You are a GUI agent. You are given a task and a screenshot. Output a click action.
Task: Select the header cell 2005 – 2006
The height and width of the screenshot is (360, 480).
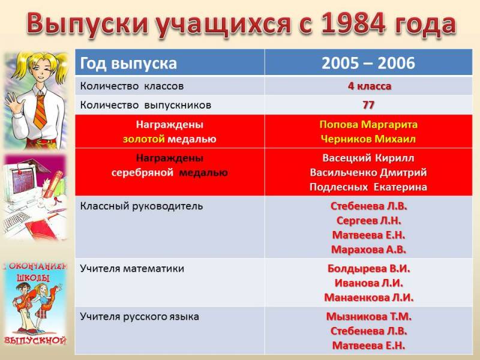click(x=368, y=63)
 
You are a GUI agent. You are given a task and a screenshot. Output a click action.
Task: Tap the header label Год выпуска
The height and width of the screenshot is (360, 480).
click(x=128, y=64)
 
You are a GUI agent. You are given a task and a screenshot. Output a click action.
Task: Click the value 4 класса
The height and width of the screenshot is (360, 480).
click(x=369, y=86)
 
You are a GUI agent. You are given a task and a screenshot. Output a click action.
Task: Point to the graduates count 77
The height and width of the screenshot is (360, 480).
click(x=368, y=105)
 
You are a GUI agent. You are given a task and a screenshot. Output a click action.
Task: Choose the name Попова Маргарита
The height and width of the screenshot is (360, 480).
click(x=368, y=124)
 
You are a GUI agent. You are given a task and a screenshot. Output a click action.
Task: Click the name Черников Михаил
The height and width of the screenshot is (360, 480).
click(x=368, y=139)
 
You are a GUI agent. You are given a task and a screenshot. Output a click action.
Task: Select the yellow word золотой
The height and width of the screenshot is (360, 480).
click(x=144, y=139)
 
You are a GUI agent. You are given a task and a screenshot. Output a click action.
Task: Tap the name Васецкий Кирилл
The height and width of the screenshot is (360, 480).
click(x=368, y=158)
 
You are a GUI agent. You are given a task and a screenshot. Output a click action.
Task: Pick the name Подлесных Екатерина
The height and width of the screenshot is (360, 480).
click(x=368, y=187)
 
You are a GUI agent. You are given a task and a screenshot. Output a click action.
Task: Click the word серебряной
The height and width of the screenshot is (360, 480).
click(x=142, y=173)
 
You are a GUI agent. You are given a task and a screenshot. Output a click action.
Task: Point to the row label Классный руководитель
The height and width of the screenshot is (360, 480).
click(x=142, y=206)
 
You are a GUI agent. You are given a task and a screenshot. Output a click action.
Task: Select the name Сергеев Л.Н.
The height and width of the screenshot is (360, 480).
click(x=368, y=220)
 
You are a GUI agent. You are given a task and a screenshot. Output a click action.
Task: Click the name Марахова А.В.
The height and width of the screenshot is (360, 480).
click(x=368, y=250)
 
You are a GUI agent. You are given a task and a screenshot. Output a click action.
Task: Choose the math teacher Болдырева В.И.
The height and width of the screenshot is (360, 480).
click(x=368, y=268)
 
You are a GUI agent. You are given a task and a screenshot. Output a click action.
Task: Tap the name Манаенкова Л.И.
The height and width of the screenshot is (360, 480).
click(x=368, y=297)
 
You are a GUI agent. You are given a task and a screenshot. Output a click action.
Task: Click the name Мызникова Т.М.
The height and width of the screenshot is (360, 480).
click(x=368, y=316)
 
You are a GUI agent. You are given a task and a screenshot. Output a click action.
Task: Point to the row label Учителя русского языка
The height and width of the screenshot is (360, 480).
click(x=140, y=317)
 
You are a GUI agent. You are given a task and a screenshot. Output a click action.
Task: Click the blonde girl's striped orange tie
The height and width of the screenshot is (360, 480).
click(x=40, y=111)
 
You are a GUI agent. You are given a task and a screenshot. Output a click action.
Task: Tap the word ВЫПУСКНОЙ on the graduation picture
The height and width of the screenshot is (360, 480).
click(x=35, y=340)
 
